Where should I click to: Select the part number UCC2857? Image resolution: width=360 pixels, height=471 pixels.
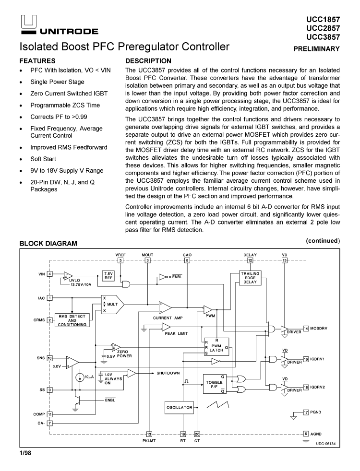(323, 28)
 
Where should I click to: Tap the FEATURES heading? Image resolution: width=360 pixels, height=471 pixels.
(37, 61)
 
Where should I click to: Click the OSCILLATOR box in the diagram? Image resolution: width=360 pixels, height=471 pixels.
(179, 407)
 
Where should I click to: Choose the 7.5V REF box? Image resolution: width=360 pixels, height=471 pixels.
(108, 275)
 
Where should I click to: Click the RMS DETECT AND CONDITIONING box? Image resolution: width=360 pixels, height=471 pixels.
(72, 320)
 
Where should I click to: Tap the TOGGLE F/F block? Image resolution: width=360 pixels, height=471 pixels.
(215, 383)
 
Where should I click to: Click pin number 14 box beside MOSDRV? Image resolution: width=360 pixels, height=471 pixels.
(306, 329)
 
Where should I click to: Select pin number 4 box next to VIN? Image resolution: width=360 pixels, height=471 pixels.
(50, 274)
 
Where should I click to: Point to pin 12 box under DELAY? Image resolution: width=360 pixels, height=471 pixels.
(250, 260)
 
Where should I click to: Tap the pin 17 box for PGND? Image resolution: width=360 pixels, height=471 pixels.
(306, 412)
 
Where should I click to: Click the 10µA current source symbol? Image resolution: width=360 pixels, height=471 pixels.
(80, 377)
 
